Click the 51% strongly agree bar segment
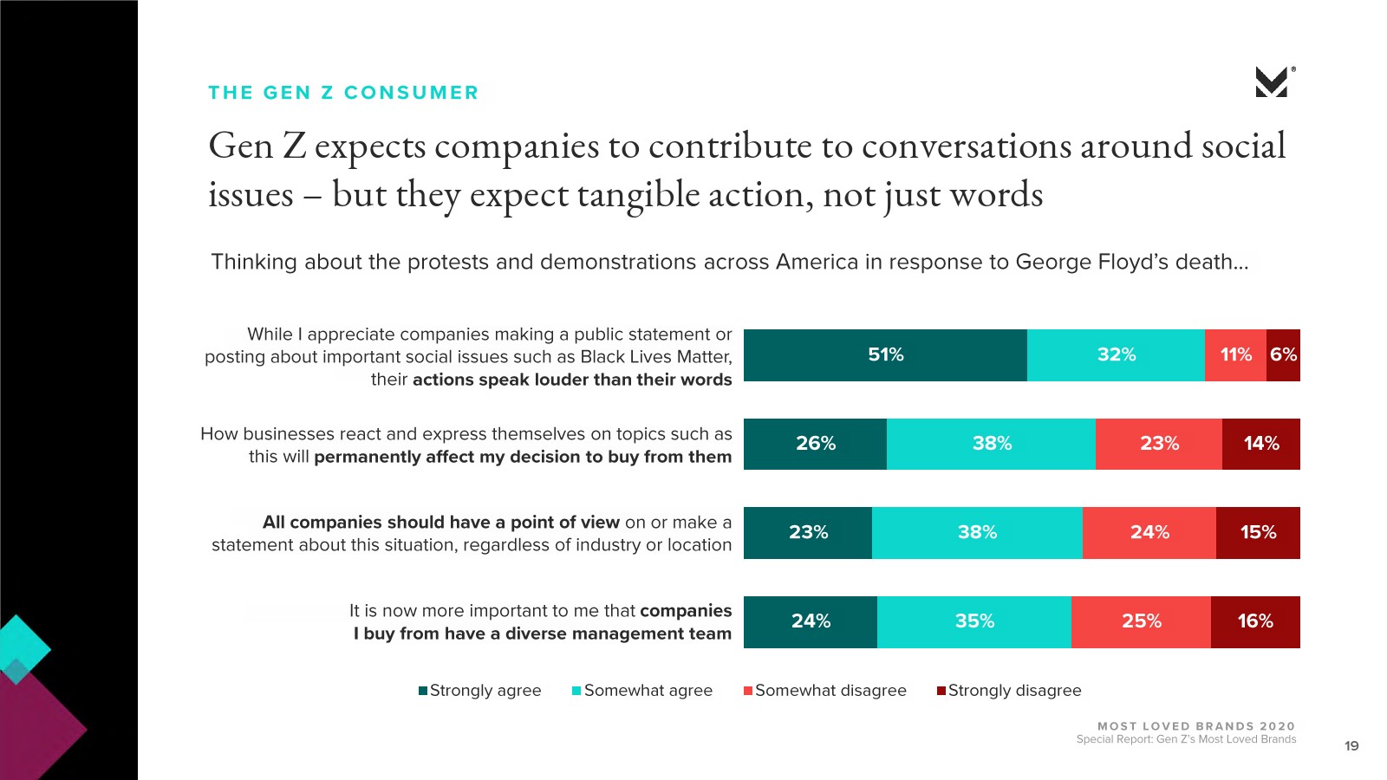pos(885,355)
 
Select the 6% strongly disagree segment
pos(1283,355)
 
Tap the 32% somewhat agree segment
pos(1116,355)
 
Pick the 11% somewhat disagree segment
pos(1235,355)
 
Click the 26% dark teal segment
pos(815,444)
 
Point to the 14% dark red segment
pos(1260,444)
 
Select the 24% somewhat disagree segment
pos(1149,533)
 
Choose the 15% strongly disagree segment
pos(1258,533)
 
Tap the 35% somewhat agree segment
pos(974,621)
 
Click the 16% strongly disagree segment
pos(1254,621)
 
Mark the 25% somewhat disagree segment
pos(1141,621)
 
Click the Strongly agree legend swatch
pos(423,691)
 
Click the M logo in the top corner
pos(1272,82)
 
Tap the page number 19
pos(1351,746)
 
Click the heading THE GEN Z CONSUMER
pos(343,93)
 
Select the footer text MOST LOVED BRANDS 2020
pos(1195,726)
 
